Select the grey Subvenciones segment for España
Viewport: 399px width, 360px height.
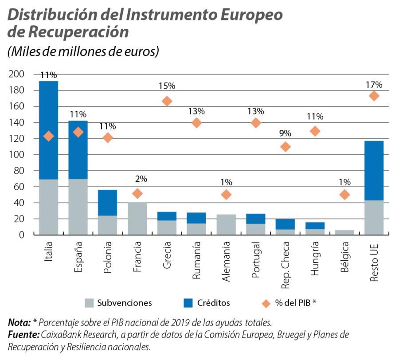(x=78, y=207)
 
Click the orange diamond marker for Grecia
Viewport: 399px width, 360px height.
(x=167, y=101)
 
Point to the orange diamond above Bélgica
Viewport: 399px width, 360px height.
(x=344, y=195)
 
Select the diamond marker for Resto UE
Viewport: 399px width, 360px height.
(x=374, y=96)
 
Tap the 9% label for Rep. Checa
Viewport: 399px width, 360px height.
(x=285, y=133)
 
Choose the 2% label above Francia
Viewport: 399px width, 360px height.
(x=141, y=179)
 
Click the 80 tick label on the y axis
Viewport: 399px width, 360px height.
(x=18, y=171)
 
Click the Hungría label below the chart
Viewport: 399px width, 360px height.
(x=315, y=259)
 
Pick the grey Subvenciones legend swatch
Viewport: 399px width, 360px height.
(x=89, y=303)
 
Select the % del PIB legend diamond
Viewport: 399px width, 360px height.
(x=266, y=303)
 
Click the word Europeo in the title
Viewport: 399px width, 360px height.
(x=254, y=15)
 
